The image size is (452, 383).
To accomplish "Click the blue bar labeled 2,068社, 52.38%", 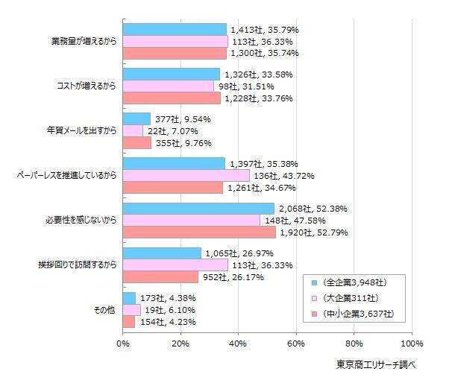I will pos(198,209).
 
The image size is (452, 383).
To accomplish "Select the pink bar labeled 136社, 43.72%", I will pos(186,176).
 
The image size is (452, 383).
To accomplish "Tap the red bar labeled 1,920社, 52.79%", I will pos(199,232).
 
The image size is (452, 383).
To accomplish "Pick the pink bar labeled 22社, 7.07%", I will pos(133,131).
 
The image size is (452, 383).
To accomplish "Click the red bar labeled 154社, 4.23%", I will pos(129,322).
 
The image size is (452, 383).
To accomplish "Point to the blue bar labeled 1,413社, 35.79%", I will pos(175,30).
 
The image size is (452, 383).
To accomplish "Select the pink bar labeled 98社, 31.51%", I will pos(169,86).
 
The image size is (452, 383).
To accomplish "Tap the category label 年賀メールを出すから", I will pos(77,131).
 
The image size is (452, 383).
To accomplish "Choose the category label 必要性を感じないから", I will pos(77,221).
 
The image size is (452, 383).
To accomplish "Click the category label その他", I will pos(102,310).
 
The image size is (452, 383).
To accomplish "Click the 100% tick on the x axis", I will pos(411,344).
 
